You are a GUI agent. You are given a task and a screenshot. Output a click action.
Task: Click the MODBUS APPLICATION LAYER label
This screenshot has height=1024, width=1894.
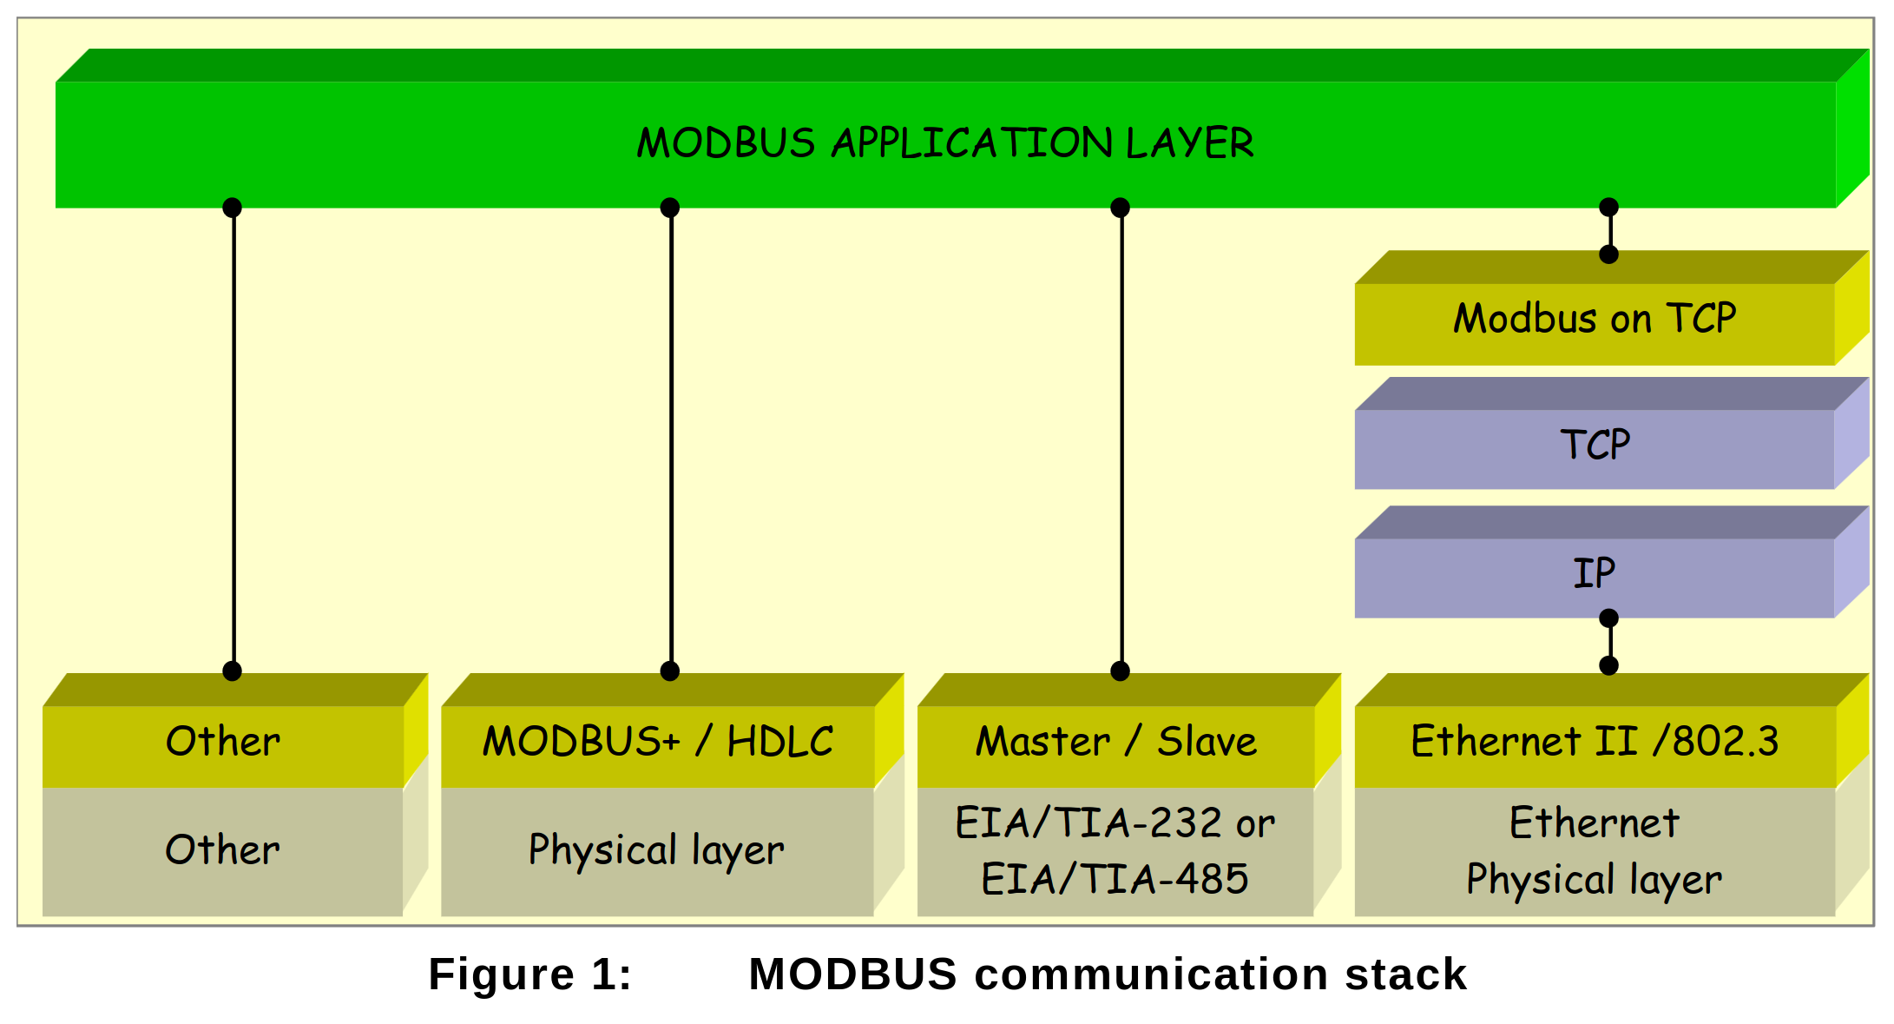coord(945,143)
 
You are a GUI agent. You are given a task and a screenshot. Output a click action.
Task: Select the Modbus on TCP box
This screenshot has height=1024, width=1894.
coord(1595,319)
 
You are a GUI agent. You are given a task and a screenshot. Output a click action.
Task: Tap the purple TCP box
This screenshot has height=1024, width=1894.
coord(1595,446)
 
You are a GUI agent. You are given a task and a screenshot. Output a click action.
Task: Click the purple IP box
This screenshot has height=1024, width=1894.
coord(1595,574)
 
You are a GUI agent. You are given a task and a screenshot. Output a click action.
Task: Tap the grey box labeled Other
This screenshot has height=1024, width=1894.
coord(223,850)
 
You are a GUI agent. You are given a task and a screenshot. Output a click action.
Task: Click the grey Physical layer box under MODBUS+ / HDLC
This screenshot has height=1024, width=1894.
coord(657,850)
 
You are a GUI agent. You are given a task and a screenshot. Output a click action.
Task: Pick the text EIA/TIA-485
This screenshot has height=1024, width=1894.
coord(1115,879)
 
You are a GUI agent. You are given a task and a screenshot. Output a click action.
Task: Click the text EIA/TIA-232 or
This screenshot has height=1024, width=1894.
coord(1115,823)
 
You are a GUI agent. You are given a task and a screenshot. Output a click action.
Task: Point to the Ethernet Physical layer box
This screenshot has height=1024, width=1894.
coord(1595,850)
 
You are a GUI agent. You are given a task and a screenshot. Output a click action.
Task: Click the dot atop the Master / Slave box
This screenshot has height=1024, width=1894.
coord(1121,671)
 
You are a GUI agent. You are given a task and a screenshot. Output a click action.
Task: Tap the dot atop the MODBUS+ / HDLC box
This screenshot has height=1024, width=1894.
coord(670,671)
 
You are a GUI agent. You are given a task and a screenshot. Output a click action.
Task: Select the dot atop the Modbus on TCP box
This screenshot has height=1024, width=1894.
coord(1608,254)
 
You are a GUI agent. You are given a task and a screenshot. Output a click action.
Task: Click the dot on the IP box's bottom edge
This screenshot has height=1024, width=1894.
coord(1608,618)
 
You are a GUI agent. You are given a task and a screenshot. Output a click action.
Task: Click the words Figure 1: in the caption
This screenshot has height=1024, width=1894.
coord(529,974)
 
